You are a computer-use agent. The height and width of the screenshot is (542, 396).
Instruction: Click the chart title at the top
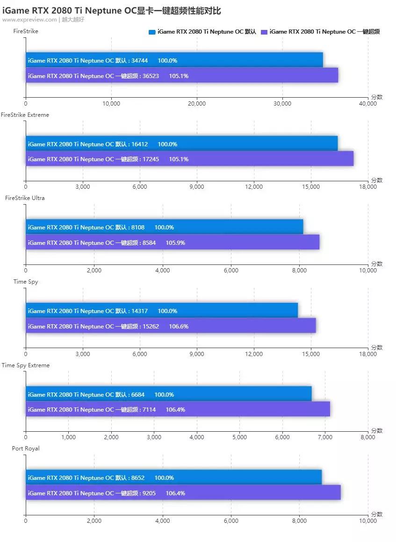pyautogui.click(x=111, y=10)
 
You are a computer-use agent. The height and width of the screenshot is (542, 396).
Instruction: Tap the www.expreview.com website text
pyautogui.click(x=29, y=20)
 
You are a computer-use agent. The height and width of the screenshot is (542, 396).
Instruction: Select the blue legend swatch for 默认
pyautogui.click(x=151, y=32)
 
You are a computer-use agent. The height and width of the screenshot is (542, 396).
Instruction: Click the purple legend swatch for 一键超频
pyautogui.click(x=264, y=32)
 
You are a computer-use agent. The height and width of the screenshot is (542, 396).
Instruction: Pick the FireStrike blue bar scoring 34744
pyautogui.click(x=174, y=60)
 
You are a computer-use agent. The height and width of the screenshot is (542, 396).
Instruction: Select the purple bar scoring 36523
pyautogui.click(x=181, y=76)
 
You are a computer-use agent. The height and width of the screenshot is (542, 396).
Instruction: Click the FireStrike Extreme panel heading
pyautogui.click(x=25, y=114)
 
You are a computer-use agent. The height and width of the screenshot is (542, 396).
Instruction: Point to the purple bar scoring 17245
pyautogui.click(x=189, y=159)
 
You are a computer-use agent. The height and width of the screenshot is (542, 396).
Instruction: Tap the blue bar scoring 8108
pyautogui.click(x=164, y=227)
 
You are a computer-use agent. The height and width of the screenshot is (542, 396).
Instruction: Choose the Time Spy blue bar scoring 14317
pyautogui.click(x=161, y=311)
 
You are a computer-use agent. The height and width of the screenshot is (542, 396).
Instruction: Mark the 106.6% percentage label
pyautogui.click(x=179, y=326)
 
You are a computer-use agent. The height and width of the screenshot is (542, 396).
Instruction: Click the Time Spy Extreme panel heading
pyautogui.click(x=26, y=365)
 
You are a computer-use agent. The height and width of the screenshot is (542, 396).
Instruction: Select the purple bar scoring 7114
pyautogui.click(x=178, y=409)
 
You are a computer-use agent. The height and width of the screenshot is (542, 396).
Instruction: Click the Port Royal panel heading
pyautogui.click(x=26, y=449)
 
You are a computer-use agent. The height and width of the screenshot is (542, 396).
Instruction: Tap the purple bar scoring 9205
pyautogui.click(x=183, y=493)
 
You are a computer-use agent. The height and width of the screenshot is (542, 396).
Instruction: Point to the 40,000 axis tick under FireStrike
pyautogui.click(x=367, y=104)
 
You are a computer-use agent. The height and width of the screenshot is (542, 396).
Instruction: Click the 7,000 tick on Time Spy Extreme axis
pyautogui.click(x=325, y=437)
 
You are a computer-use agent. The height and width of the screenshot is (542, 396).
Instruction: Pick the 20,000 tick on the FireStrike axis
pyautogui.click(x=197, y=104)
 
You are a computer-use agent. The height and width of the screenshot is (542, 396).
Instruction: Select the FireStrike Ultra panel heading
pyautogui.click(x=25, y=198)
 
